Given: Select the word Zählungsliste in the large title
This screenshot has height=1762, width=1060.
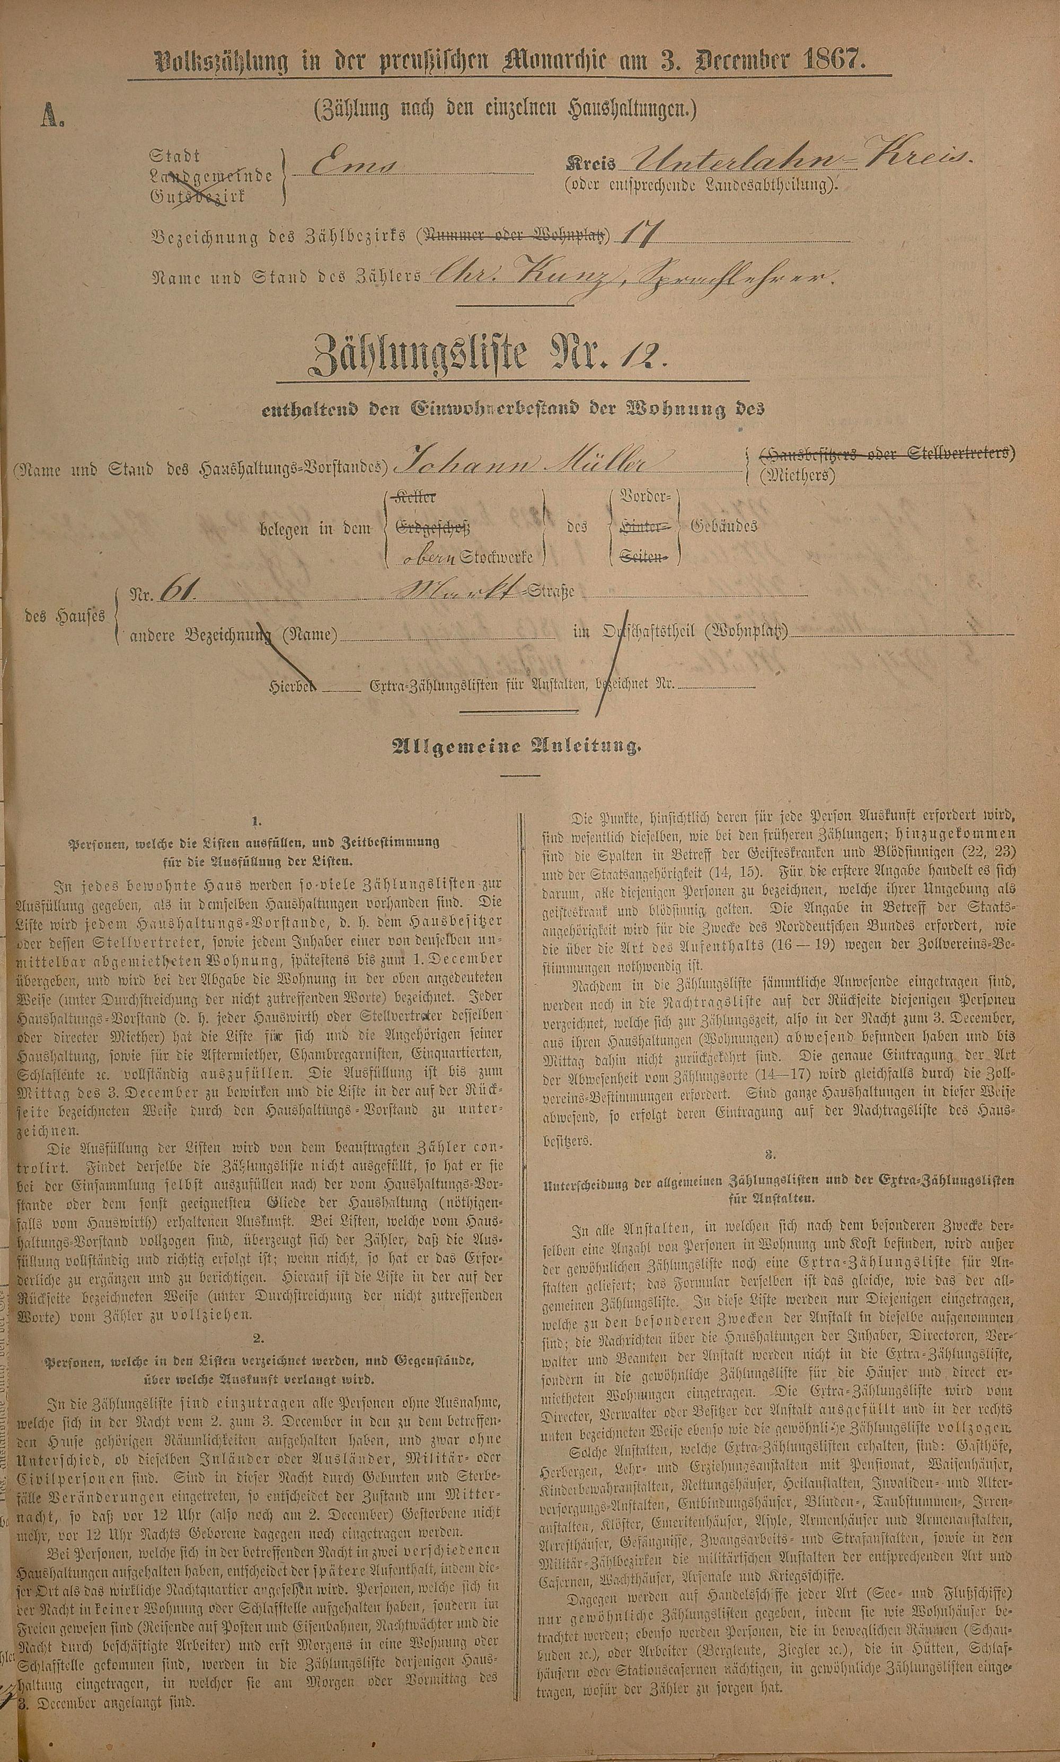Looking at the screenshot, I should [421, 355].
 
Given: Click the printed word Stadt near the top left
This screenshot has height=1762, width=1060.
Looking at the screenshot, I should [175, 156].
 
